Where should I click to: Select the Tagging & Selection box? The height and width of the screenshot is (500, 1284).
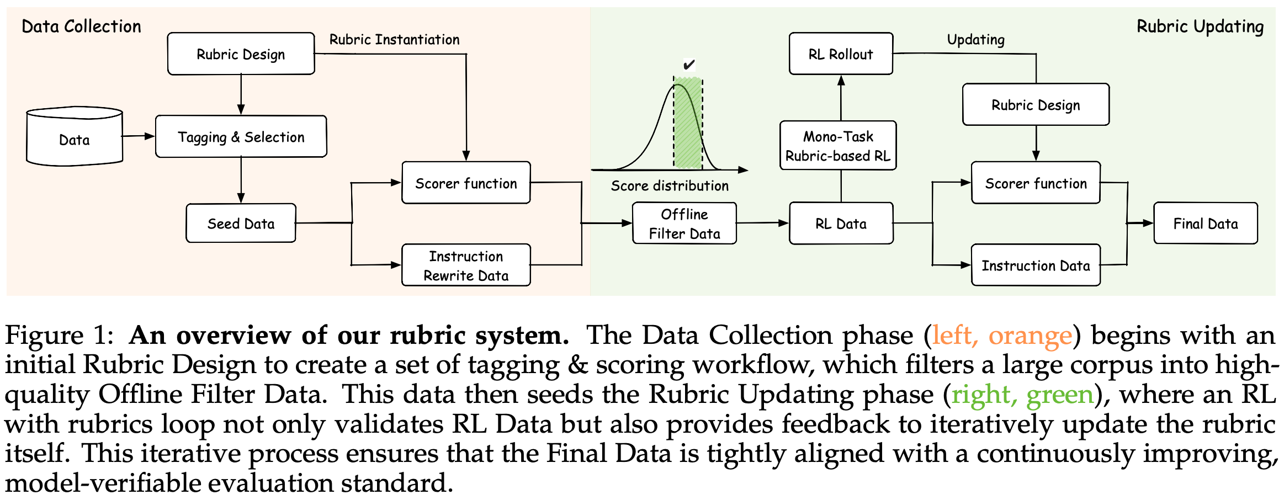click(x=241, y=137)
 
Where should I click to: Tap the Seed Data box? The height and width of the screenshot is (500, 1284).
click(x=241, y=224)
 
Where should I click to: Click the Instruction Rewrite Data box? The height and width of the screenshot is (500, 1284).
click(x=466, y=265)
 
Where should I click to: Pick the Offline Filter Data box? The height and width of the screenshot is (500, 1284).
click(x=685, y=224)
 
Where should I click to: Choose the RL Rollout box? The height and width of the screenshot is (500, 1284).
click(x=841, y=54)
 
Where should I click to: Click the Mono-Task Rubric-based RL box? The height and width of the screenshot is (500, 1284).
click(x=838, y=146)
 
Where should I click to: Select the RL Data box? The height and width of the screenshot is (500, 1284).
click(x=841, y=224)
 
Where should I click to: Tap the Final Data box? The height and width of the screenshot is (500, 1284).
click(x=1206, y=224)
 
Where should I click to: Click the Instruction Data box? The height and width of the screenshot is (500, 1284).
click(x=1036, y=265)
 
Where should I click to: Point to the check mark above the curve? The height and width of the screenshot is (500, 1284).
click(x=688, y=65)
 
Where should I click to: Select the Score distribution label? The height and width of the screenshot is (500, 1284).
click(x=670, y=186)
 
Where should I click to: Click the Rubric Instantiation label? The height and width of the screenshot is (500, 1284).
click(x=394, y=40)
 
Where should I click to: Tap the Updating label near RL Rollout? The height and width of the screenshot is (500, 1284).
click(x=975, y=40)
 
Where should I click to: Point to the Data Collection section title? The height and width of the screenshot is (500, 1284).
click(x=81, y=26)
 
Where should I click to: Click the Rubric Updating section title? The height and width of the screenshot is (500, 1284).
click(x=1200, y=26)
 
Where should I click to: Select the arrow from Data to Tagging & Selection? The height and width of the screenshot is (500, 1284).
click(x=138, y=136)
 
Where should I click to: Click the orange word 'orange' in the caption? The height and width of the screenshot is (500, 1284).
click(x=1030, y=336)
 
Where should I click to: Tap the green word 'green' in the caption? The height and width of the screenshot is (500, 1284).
click(x=1060, y=395)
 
